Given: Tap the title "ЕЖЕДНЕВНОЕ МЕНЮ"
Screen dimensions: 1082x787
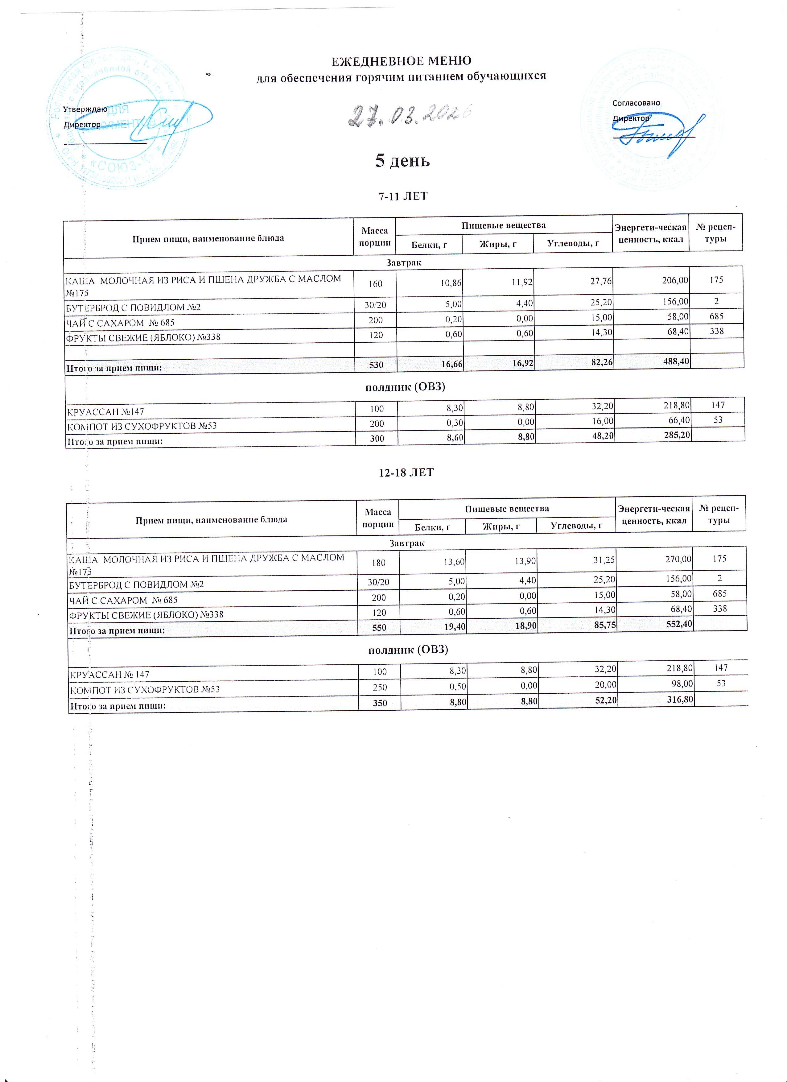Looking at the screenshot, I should pos(401,61).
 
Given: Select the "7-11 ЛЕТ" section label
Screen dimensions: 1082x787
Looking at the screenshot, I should pos(403,196).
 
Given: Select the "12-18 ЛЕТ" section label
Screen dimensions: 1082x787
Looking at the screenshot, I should pos(406,472).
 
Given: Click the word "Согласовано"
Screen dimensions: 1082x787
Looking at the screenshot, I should pos(636,103).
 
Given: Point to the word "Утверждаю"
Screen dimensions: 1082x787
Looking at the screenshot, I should pos(85,109).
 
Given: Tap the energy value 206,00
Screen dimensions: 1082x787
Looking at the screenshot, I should pos(675,280).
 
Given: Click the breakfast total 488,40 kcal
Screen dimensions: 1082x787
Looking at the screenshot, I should pos(675,361).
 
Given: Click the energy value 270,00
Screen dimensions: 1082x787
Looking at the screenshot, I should pos(678,559).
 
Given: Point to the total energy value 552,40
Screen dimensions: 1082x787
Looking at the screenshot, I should pos(678,624).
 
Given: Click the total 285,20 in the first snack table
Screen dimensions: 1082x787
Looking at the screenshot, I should pos(676,435).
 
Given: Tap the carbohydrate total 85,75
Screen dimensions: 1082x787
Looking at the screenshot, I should pos(604,626).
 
